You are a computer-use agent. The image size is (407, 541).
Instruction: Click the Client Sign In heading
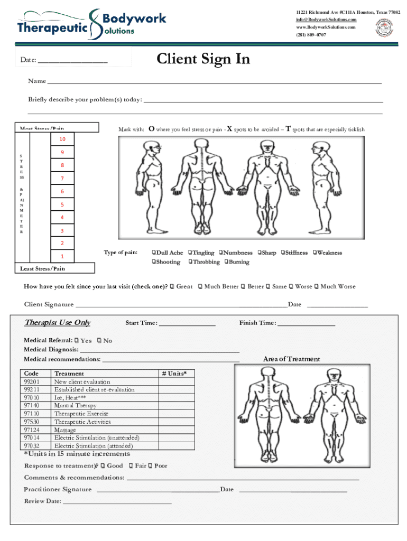203,59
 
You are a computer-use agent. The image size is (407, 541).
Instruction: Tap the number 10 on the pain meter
62,139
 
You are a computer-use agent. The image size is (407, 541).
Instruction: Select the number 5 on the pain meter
62,204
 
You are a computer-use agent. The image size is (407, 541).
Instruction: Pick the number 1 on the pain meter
62,256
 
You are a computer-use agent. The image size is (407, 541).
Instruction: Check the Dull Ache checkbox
154,253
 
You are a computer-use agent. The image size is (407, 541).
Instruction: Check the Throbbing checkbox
190,262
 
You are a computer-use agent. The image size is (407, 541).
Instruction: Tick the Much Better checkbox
200,287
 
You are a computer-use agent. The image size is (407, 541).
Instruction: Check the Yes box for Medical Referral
77,341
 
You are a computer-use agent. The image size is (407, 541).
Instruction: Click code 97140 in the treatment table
32,406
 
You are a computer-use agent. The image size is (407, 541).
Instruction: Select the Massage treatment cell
65,430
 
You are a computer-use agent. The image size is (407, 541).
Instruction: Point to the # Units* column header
174,374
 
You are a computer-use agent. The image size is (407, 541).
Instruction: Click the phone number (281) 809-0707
311,35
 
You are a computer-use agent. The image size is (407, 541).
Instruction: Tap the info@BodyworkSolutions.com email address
326,20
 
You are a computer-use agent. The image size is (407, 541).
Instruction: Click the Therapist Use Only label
58,323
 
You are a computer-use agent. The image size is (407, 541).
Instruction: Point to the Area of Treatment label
291,359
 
